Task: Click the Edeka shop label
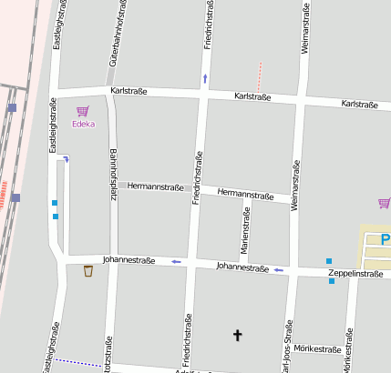[84, 124]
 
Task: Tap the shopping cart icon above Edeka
[83, 110]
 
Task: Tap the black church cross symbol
[238, 336]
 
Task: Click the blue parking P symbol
[385, 240]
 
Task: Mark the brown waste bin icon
[87, 270]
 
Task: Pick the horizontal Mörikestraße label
[318, 348]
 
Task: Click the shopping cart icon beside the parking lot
[384, 203]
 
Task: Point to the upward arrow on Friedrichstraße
[205, 78]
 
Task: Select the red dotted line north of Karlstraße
[260, 75]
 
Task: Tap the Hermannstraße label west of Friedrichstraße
[156, 186]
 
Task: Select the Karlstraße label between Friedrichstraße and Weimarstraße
[253, 96]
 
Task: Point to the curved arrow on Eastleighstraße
[66, 159]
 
